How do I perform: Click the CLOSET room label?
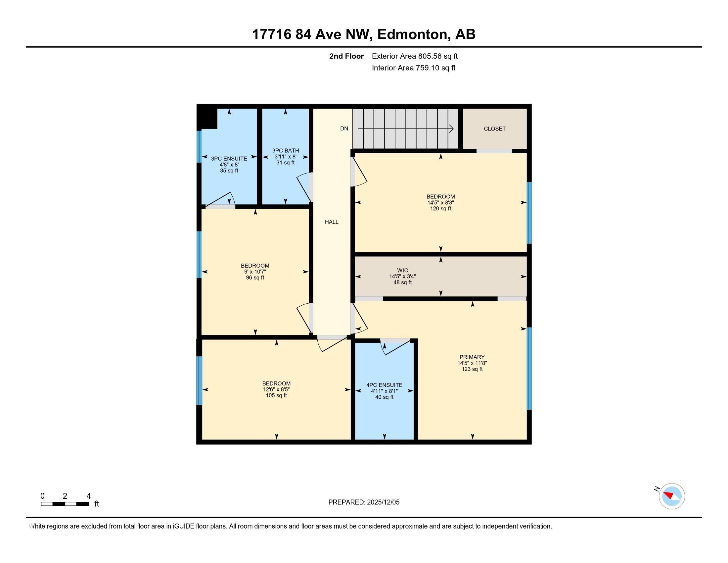(x=495, y=129)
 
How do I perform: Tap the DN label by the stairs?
(x=344, y=129)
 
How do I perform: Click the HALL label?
(x=332, y=222)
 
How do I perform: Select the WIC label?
(x=402, y=271)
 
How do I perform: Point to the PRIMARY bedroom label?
(x=472, y=357)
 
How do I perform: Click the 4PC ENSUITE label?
(x=384, y=385)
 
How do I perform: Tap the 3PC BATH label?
(x=285, y=151)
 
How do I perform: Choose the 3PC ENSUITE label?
(x=229, y=159)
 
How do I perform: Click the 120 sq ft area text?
(x=440, y=209)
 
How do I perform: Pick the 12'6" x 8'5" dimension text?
(x=276, y=389)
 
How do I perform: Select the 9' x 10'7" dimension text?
(x=255, y=272)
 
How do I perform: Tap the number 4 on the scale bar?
(x=88, y=496)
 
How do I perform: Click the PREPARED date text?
(x=364, y=502)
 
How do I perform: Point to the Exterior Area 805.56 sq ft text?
(x=415, y=56)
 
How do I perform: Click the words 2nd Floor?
(x=346, y=56)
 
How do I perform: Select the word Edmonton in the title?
(x=412, y=34)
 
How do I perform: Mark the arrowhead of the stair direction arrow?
(x=451, y=129)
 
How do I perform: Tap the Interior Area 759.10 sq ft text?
(x=413, y=68)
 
